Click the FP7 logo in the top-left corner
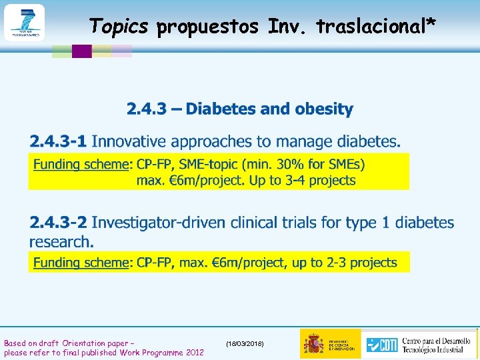(x=24, y=23)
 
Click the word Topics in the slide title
(x=119, y=26)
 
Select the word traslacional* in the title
(x=377, y=26)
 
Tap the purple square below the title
(x=81, y=51)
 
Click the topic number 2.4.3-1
(x=58, y=141)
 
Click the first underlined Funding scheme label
(x=80, y=164)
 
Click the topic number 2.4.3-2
(x=58, y=223)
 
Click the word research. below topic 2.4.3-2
(x=61, y=241)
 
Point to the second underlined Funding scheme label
(x=80, y=263)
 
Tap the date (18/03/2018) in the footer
(x=245, y=343)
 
